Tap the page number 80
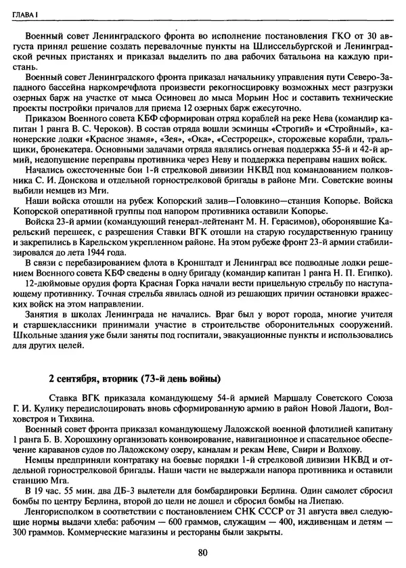tap(202, 552)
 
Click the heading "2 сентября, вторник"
tap(135, 377)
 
